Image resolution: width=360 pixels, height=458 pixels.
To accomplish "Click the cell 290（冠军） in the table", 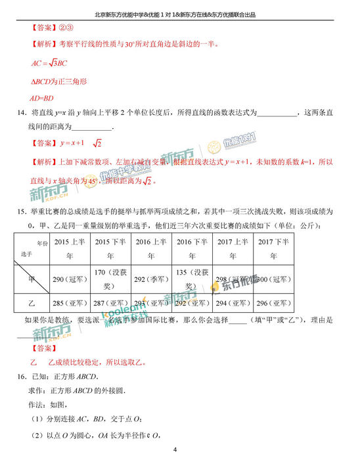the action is coord(67,279).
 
